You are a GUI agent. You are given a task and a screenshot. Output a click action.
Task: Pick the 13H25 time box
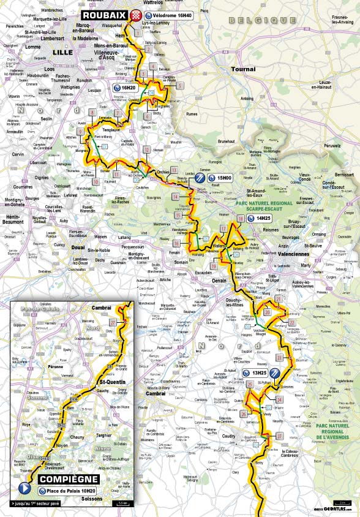click(x=256, y=372)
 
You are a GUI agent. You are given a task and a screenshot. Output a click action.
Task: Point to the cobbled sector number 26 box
click(x=243, y=414)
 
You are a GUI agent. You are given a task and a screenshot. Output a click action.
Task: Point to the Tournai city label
click(x=243, y=69)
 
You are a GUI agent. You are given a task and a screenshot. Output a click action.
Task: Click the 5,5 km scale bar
click(x=122, y=504)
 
